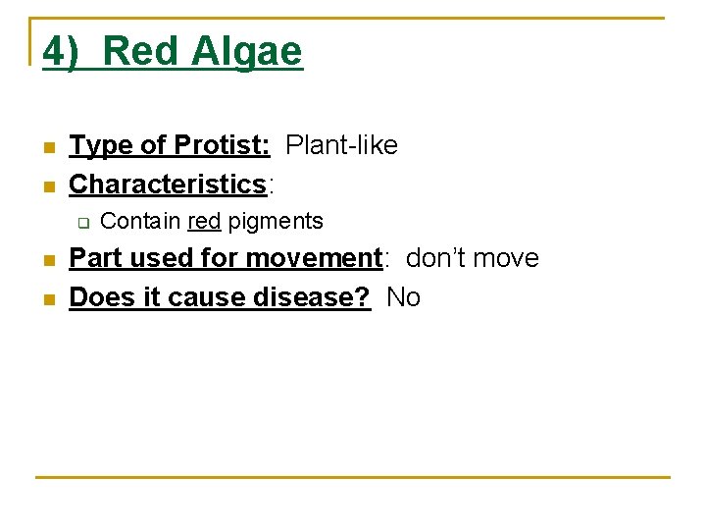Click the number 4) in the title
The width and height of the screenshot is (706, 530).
click(x=62, y=52)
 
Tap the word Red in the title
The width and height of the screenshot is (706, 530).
click(x=141, y=52)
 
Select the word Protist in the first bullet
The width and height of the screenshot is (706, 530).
click(x=222, y=145)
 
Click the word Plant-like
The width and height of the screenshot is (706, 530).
click(x=341, y=145)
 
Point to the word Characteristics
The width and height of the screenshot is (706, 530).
click(x=168, y=184)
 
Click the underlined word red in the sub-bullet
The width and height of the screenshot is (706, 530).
click(x=204, y=221)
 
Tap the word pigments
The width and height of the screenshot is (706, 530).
click(x=276, y=221)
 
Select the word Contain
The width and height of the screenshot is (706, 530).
click(x=140, y=221)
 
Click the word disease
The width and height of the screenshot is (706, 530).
click(x=315, y=296)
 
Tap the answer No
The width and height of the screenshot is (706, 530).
click(x=403, y=296)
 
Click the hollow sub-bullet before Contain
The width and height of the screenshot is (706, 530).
click(x=82, y=223)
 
